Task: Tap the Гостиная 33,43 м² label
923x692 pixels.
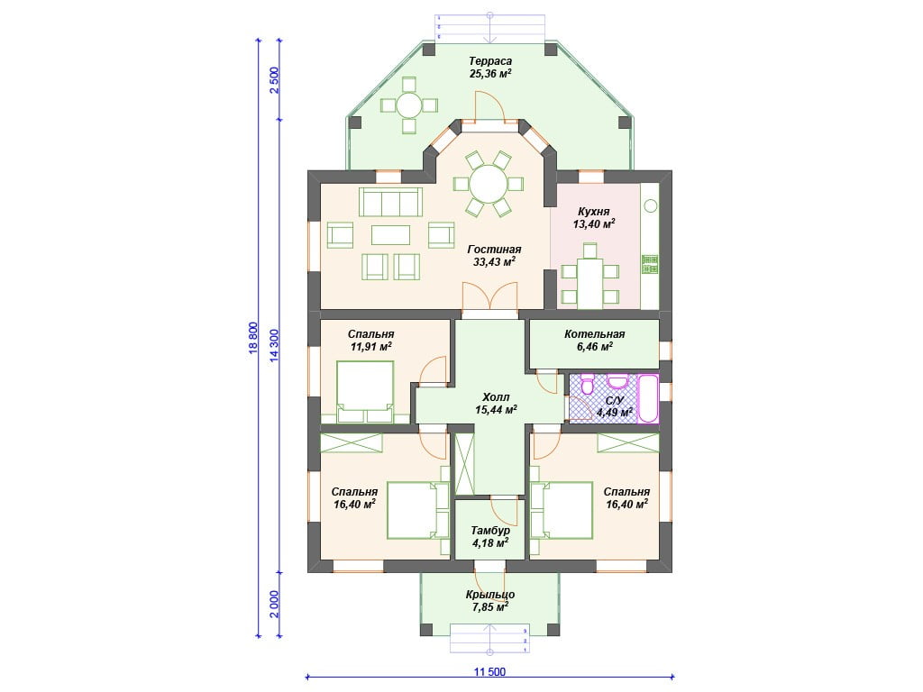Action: tap(495, 255)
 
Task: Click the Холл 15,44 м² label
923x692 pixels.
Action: tap(497, 403)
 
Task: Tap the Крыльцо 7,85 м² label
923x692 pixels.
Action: tap(490, 600)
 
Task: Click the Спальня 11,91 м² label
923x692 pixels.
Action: tap(370, 340)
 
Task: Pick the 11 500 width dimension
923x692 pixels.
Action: tap(489, 672)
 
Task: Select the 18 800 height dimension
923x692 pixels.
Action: tap(253, 338)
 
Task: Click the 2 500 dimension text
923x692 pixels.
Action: tap(274, 80)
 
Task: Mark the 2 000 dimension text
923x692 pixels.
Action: tap(274, 604)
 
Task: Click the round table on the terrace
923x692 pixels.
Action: tap(408, 106)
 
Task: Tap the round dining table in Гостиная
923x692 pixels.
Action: tap(489, 184)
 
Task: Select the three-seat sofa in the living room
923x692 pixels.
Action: tap(391, 202)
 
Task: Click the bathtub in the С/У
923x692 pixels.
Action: tap(648, 397)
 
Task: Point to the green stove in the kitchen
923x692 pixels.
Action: tap(650, 264)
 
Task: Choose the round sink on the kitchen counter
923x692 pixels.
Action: tap(651, 206)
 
